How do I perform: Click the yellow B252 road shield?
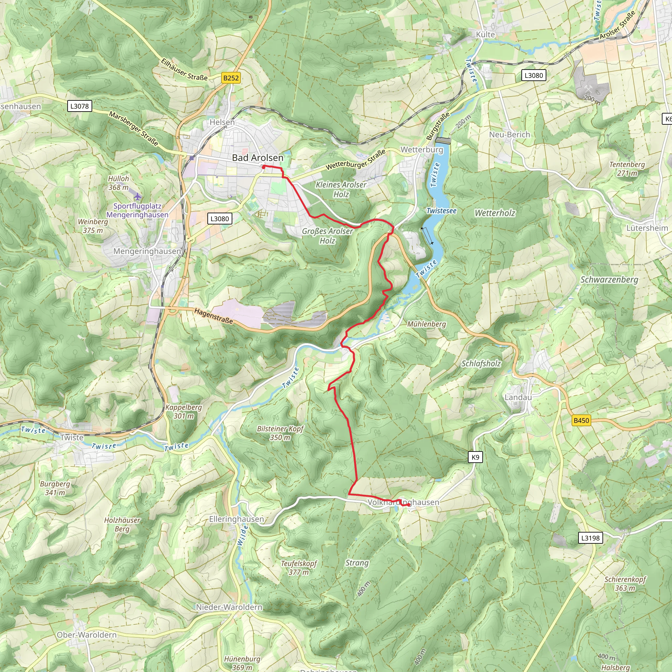[231, 78]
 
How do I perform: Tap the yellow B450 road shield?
[581, 421]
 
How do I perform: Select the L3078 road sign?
[79, 106]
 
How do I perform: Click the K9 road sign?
[475, 457]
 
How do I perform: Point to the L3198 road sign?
[590, 538]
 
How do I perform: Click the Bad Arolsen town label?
[258, 157]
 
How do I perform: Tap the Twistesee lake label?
[441, 211]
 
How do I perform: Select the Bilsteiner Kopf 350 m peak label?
[280, 433]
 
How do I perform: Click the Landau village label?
[518, 397]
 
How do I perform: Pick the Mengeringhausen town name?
[147, 251]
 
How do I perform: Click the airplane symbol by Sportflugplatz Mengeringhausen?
[138, 197]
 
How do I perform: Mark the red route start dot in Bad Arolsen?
[264, 167]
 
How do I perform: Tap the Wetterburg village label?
[422, 150]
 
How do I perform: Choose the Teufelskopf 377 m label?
[299, 568]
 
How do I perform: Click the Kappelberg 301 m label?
[184, 411]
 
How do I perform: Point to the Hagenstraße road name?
[213, 316]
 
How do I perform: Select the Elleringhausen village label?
[237, 519]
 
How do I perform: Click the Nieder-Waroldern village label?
[229, 607]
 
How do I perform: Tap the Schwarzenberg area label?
[609, 280]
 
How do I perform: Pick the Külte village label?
[485, 34]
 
